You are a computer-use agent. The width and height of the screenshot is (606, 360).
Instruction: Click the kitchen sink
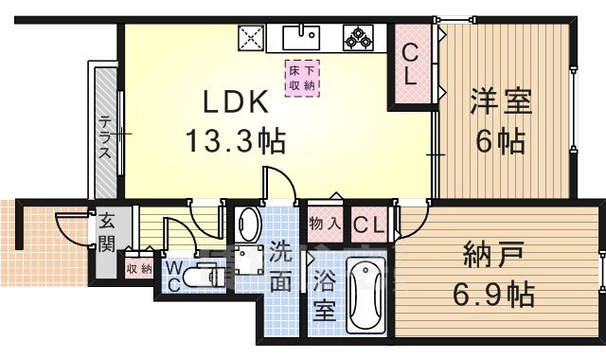(x=306, y=37)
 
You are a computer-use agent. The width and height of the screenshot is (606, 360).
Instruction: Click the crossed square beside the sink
(x=250, y=39)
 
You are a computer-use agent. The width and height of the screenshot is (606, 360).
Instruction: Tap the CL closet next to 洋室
(x=412, y=63)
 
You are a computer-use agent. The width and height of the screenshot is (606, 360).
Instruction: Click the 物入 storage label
(x=325, y=225)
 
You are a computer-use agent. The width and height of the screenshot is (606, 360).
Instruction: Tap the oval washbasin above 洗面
(x=248, y=225)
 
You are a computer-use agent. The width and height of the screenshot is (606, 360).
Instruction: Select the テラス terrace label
(x=106, y=138)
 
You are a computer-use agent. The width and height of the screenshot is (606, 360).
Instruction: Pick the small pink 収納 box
(x=138, y=268)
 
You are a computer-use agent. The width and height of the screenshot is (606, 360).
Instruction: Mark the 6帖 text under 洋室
(x=500, y=142)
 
